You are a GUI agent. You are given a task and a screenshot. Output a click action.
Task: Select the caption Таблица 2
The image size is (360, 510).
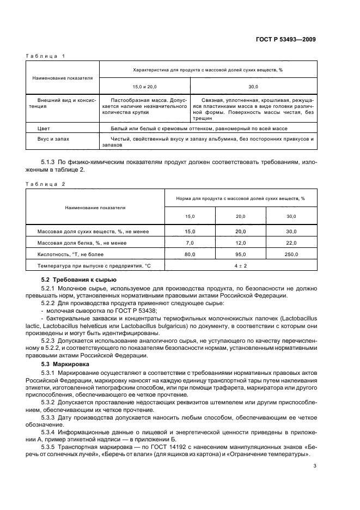point(45,184)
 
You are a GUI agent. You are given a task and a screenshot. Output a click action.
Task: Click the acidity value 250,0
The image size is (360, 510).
point(291,254)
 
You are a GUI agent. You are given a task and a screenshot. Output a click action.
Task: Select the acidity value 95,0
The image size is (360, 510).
point(240,254)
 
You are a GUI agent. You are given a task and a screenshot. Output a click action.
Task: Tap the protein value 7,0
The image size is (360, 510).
point(190,242)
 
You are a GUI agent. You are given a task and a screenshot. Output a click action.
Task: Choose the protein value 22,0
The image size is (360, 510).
point(291,242)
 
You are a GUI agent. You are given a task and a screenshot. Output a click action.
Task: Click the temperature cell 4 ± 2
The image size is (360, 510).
point(240,265)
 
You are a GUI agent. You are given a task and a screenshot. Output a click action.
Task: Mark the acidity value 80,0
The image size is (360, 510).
point(190,254)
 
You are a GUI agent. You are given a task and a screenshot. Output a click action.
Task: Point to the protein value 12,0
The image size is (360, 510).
point(240,242)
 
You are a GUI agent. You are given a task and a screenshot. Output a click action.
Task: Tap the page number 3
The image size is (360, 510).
point(315,466)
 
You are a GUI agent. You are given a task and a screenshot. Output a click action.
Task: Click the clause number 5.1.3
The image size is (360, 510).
point(50,162)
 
